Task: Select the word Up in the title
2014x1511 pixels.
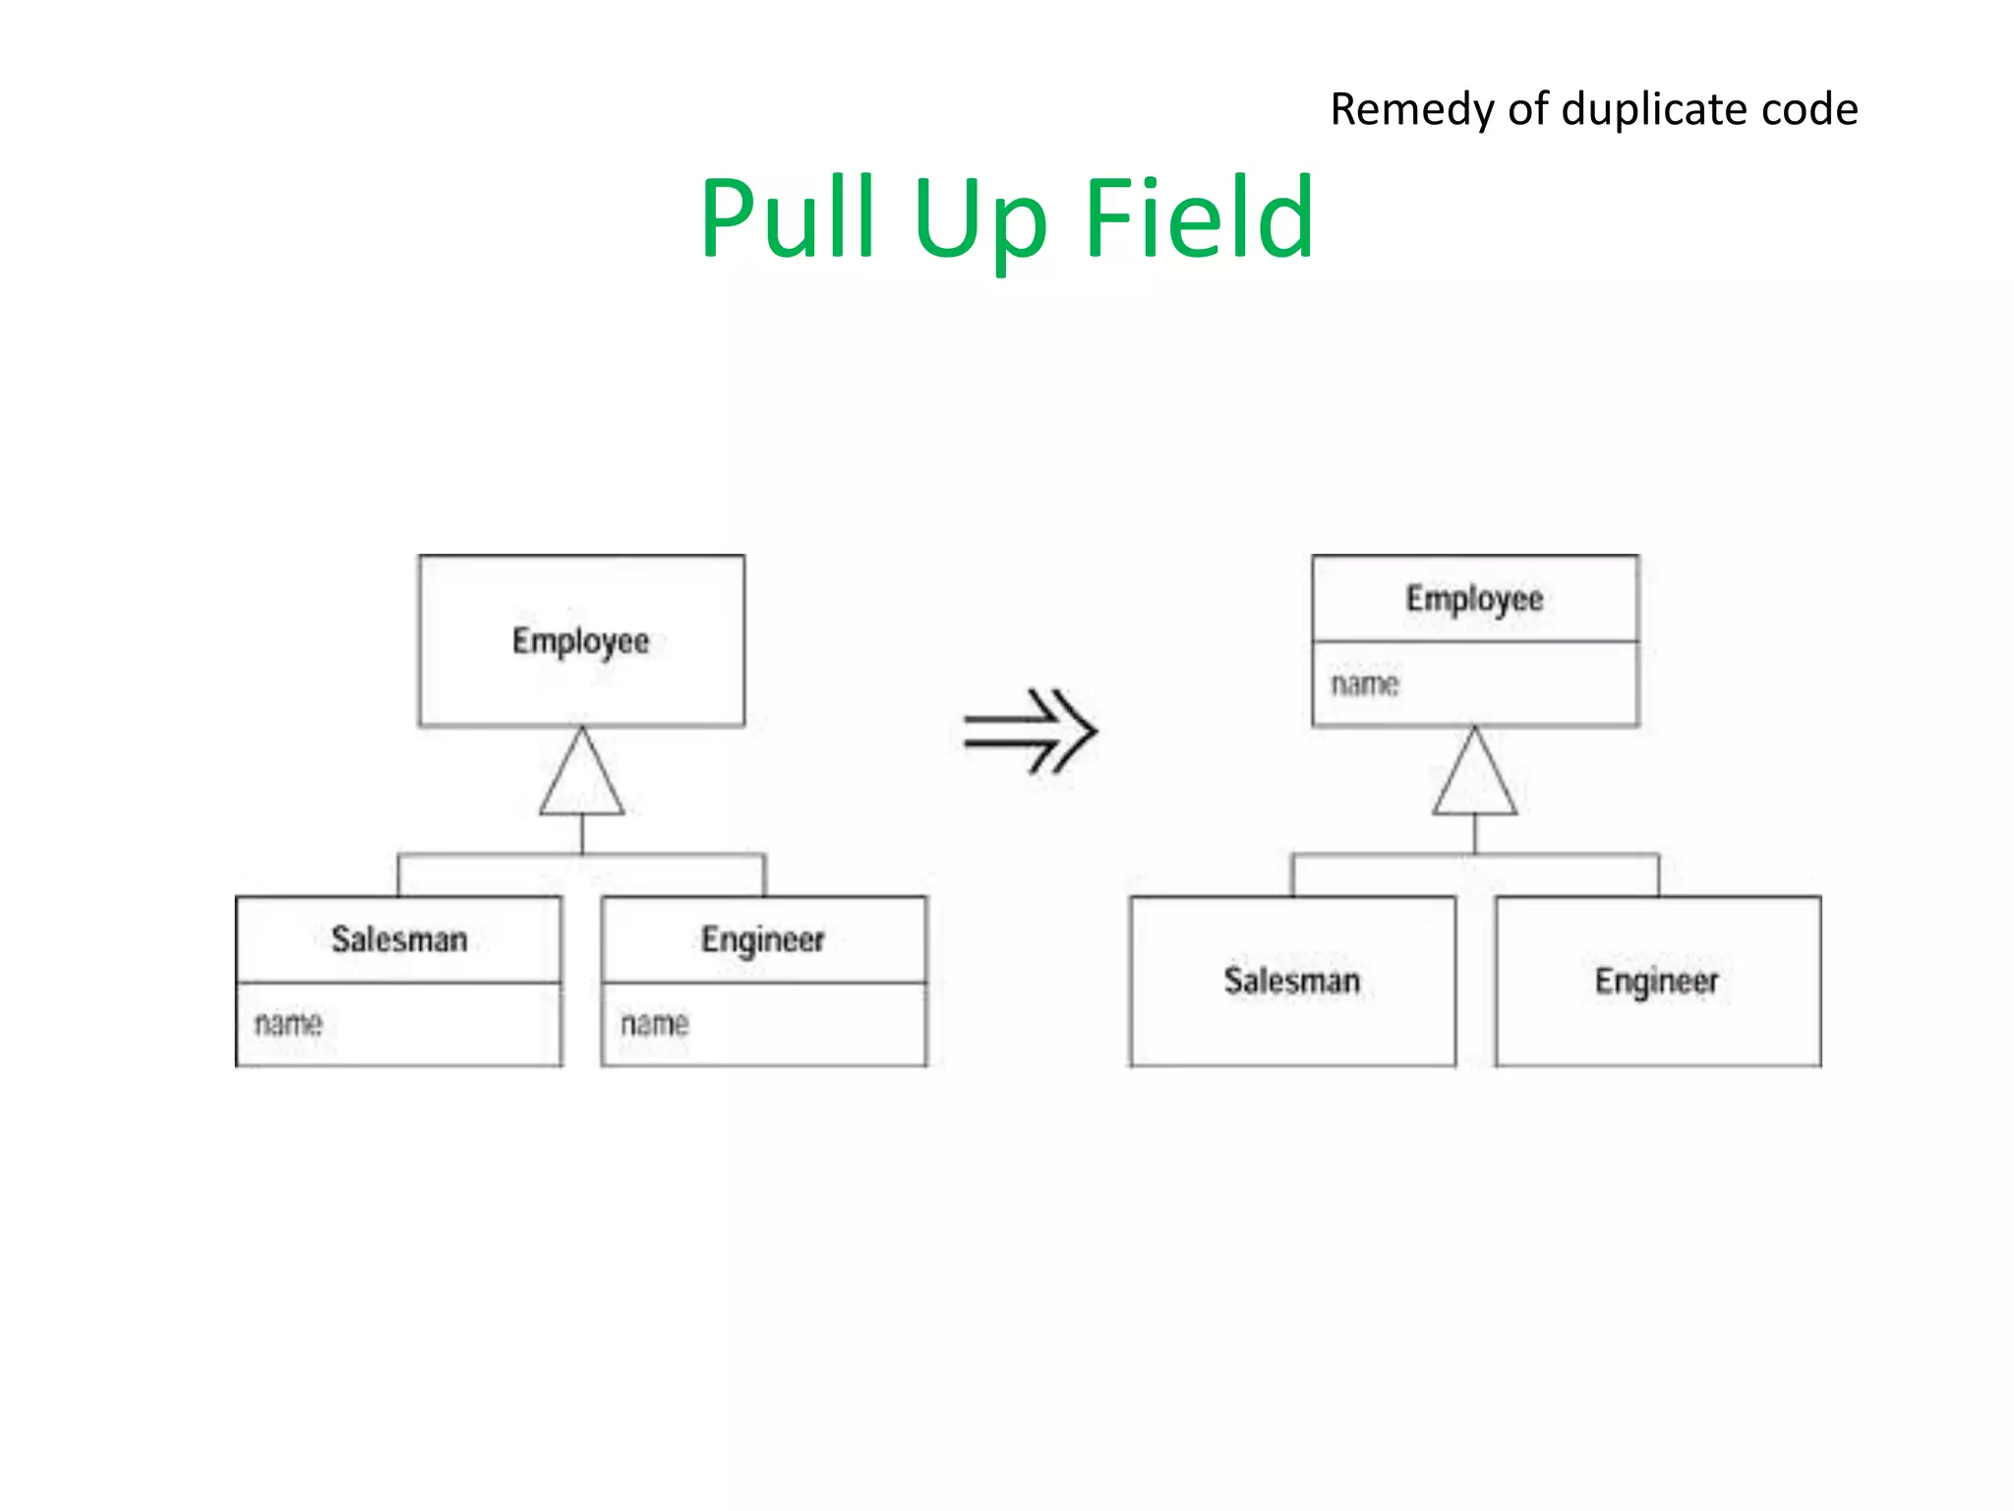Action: coord(979,224)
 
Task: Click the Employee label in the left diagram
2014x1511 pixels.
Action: coord(580,641)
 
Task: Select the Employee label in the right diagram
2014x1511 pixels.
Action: coord(1474,599)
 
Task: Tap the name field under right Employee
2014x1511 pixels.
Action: coord(1365,684)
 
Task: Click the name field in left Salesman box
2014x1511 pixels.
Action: coord(288,1024)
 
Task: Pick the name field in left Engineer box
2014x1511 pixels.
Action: coord(654,1024)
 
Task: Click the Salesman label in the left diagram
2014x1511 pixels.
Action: coord(398,939)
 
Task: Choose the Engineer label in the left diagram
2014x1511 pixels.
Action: coord(762,940)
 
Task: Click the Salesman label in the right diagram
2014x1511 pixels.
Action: coord(1292,981)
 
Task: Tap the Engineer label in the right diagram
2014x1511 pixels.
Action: coord(1656,982)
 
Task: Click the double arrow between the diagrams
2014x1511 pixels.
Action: coord(1030,731)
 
